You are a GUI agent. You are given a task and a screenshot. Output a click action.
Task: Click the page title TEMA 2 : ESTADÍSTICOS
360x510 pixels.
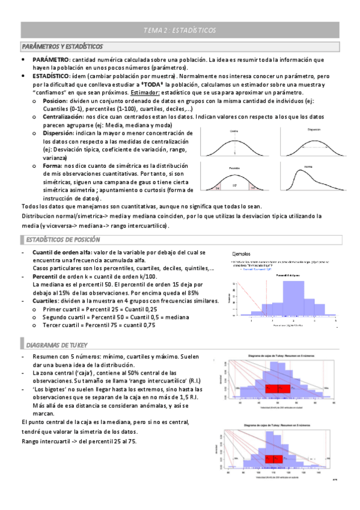click(x=180, y=29)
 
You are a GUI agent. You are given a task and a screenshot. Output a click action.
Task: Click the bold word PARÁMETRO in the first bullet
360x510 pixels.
click(x=51, y=60)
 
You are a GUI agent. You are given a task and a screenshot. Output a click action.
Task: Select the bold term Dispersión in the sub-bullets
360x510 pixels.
click(x=60, y=132)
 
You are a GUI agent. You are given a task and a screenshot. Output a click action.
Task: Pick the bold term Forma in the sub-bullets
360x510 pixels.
click(x=52, y=165)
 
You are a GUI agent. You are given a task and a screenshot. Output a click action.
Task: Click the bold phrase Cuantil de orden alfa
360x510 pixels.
click(x=65, y=253)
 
